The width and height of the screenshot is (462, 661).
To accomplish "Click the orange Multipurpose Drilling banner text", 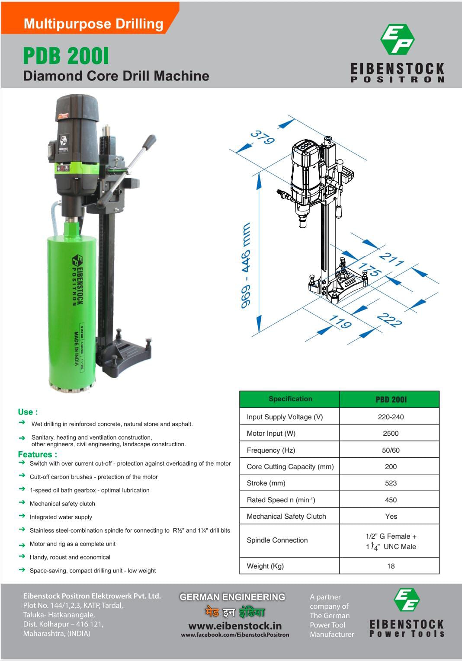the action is pos(93,24).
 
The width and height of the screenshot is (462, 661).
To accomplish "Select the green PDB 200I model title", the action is pos(66,56).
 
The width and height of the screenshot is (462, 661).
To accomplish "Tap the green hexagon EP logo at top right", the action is pos(398,39).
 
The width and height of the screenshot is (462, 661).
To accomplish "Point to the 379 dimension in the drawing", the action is pos(263,137).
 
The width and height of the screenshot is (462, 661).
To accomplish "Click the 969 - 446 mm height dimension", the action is pos(246,265).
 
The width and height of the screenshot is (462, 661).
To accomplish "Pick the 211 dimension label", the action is pos(391,259).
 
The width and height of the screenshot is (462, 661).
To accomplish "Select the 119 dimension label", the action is pos(340,322).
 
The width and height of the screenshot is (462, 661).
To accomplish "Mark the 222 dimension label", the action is pos(389,320).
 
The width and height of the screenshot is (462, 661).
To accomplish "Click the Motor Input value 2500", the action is pos(391,433).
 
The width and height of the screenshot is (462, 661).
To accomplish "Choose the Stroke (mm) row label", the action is pos(266,483).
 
